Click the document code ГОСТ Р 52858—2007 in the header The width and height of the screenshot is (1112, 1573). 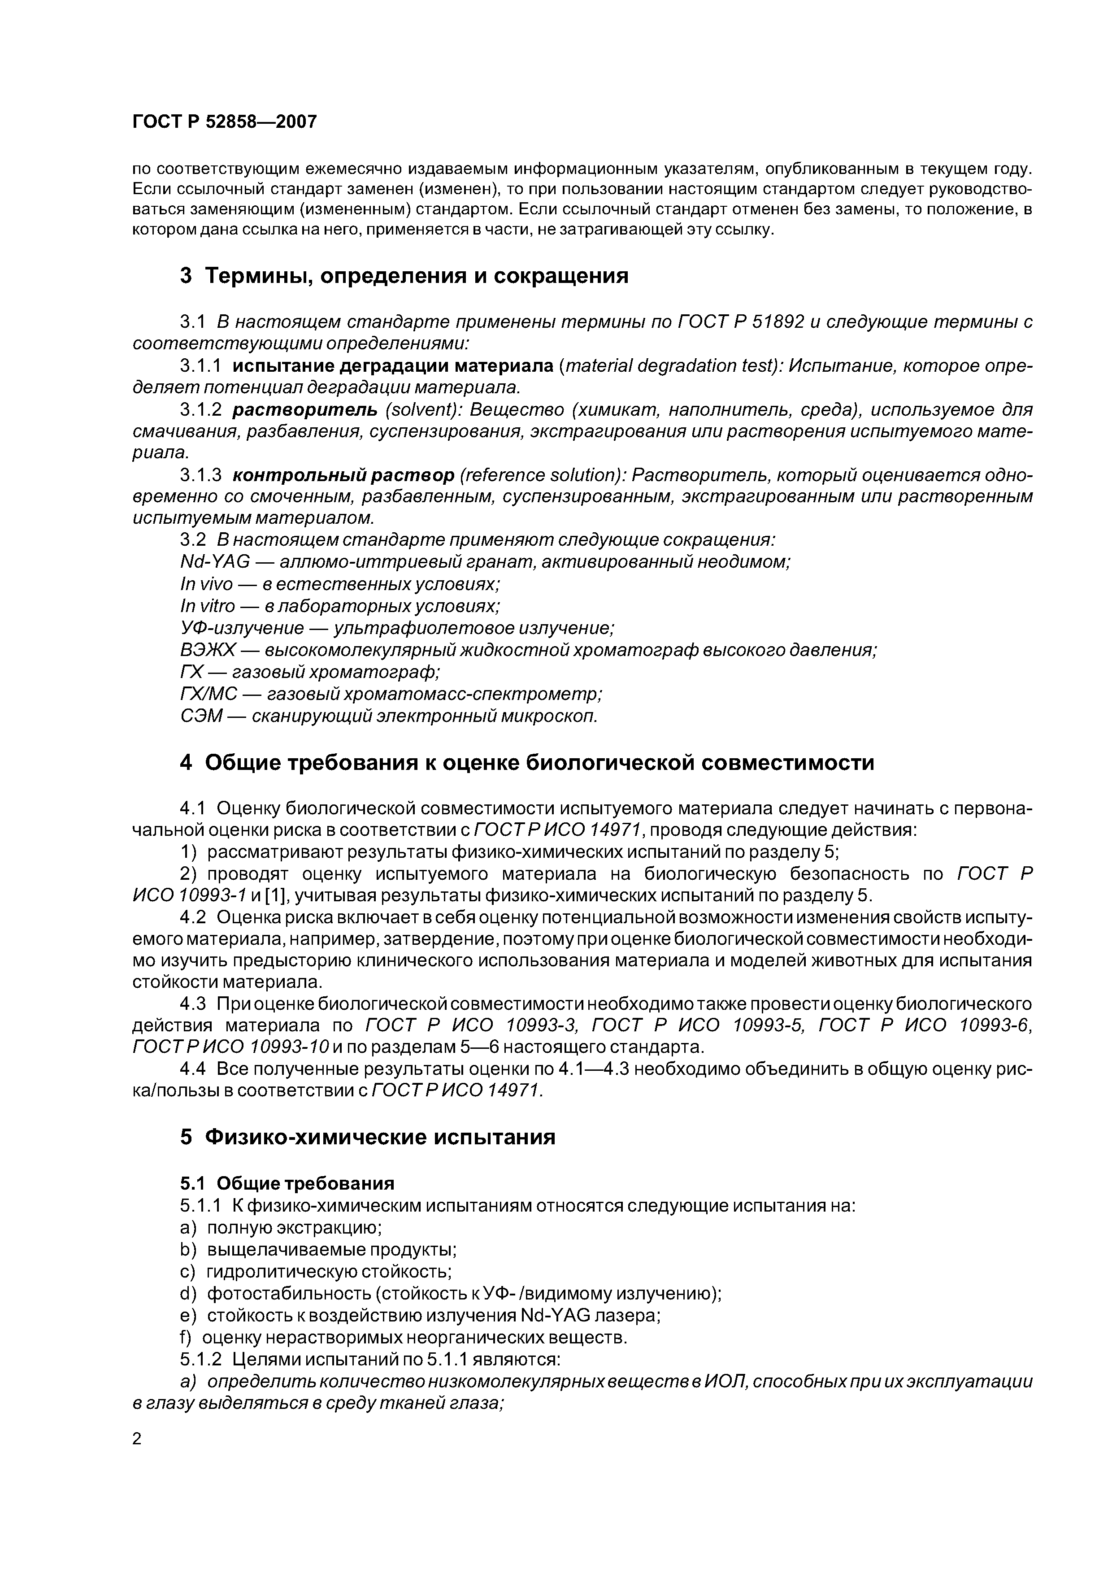pos(224,122)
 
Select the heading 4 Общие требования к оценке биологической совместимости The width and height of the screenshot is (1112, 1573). pos(526,763)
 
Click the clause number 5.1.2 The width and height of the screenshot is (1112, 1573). pos(201,1359)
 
